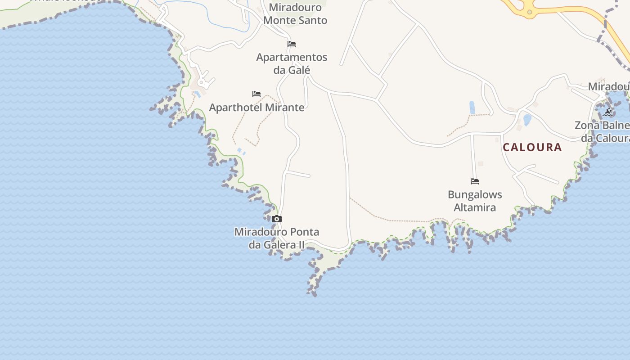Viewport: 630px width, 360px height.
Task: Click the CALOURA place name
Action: pos(532,147)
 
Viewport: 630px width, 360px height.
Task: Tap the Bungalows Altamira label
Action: pos(475,201)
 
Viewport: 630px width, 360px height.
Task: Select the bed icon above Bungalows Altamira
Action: pos(475,181)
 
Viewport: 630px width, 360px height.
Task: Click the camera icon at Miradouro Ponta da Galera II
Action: pos(277,219)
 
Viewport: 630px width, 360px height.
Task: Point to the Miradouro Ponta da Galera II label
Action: pos(277,238)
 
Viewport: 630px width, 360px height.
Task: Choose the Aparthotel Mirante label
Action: pos(256,108)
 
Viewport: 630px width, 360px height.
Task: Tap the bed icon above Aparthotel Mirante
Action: pos(256,94)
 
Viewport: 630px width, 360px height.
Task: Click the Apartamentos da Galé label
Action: pos(292,63)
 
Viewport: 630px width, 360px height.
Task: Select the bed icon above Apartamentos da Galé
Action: pos(292,44)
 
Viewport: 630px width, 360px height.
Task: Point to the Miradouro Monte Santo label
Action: pos(295,14)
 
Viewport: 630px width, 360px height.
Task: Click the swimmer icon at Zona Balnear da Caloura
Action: pos(608,112)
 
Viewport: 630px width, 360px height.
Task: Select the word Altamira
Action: pos(475,207)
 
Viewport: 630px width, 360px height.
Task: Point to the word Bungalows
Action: pos(475,195)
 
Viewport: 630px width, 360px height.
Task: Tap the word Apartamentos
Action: pos(292,57)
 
